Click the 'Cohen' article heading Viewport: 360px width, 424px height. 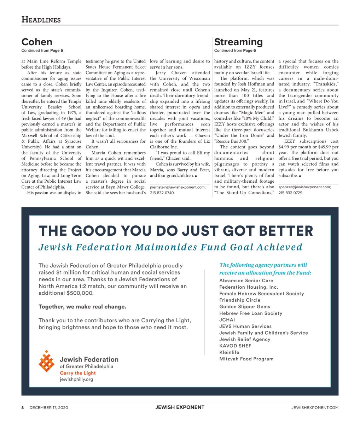(37, 42)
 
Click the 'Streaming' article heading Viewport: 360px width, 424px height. (238, 42)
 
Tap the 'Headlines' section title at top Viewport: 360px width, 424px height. (41, 20)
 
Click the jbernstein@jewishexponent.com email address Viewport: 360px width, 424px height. (178, 187)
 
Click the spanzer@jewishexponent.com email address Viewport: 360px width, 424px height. (304, 187)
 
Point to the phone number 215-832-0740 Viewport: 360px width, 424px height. (162, 193)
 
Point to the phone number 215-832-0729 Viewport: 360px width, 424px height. (290, 193)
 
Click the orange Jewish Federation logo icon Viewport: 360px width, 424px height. (46, 361)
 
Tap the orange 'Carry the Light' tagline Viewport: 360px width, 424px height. (78, 373)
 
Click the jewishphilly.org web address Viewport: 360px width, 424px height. (76, 379)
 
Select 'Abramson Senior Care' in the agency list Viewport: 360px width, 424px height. (246, 281)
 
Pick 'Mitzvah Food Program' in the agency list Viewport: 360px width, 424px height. (246, 359)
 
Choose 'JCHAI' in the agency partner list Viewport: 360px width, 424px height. (227, 320)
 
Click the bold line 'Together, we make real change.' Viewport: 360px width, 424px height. (82, 307)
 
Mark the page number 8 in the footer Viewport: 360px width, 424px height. (23, 407)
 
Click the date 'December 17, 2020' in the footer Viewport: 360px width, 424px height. (49, 407)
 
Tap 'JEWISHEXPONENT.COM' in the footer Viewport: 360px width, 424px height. (315, 407)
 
